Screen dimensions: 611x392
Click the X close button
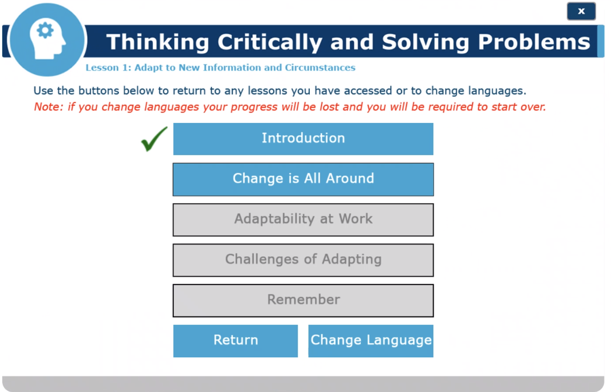coord(581,11)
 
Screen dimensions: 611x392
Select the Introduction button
coord(303,139)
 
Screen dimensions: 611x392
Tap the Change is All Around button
coord(303,179)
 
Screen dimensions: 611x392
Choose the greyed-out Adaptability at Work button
coord(303,220)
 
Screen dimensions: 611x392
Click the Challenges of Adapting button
coord(303,260)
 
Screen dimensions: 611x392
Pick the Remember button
coord(303,301)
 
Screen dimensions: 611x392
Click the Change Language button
coord(371,341)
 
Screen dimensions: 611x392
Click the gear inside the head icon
coord(45,30)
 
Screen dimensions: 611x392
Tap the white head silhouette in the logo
coord(47,39)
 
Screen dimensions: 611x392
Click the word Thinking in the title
coord(158,42)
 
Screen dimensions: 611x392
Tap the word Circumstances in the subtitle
coord(320,67)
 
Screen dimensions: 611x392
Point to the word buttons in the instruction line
coord(99,90)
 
